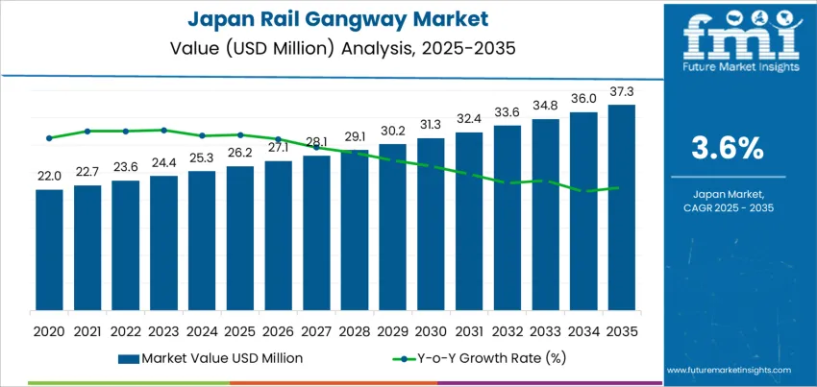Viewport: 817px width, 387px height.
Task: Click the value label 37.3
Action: click(x=622, y=91)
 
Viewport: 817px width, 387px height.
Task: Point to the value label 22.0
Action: click(x=49, y=176)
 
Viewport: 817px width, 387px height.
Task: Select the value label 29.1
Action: click(x=355, y=136)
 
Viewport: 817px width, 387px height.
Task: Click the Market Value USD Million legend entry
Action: click(x=211, y=357)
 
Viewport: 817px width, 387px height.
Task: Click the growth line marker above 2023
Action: click(x=164, y=130)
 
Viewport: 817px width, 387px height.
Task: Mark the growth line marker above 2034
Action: click(x=583, y=191)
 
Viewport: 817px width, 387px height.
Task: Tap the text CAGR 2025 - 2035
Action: click(x=728, y=207)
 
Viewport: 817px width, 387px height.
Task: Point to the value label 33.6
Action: click(x=508, y=110)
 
